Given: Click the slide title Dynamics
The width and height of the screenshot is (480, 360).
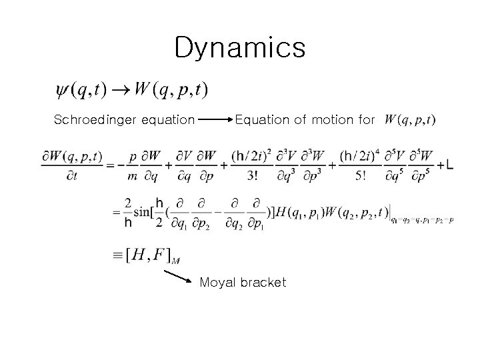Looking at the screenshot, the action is click(x=239, y=48).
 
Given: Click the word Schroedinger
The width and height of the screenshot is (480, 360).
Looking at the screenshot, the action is click(x=89, y=120).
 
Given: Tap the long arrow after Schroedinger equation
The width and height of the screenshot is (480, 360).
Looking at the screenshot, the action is click(x=213, y=121).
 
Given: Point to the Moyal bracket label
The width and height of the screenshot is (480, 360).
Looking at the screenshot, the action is click(x=243, y=282).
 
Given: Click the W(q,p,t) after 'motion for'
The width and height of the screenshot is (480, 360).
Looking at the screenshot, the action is click(x=409, y=120).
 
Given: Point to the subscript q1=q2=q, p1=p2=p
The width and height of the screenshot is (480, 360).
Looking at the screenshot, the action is click(x=422, y=220).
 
